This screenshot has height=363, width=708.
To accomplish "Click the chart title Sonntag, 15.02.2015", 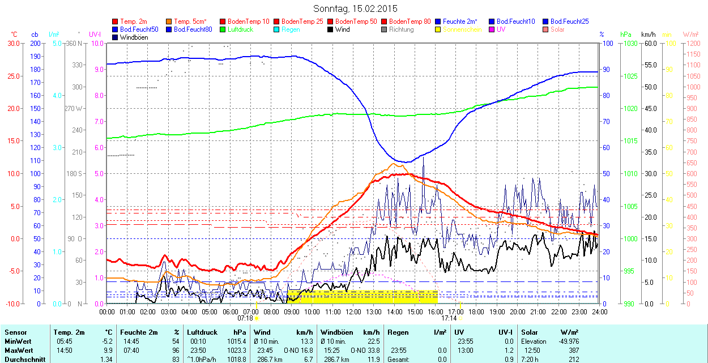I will [x=355, y=9].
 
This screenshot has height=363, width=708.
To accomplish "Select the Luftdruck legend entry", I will [x=240, y=29].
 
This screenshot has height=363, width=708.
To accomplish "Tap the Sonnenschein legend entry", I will [x=462, y=29].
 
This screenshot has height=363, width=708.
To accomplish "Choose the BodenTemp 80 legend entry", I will [x=410, y=22].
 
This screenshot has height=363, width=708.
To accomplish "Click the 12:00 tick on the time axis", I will [x=353, y=311].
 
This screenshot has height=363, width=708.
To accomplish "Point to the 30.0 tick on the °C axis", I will [x=12, y=44].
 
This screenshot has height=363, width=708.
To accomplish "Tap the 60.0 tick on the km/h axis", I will [x=649, y=44].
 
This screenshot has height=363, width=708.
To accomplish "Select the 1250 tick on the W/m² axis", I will [x=692, y=44].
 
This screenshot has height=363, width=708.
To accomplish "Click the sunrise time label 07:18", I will [x=252, y=318].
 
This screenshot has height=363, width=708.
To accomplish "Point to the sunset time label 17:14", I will [x=449, y=318].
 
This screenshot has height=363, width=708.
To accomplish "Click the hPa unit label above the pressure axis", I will [x=625, y=35].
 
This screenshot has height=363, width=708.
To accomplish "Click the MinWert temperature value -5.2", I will [x=107, y=341].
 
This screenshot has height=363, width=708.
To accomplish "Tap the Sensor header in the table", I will [x=16, y=332].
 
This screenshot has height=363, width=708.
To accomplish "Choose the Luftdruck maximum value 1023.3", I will [x=238, y=351].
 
